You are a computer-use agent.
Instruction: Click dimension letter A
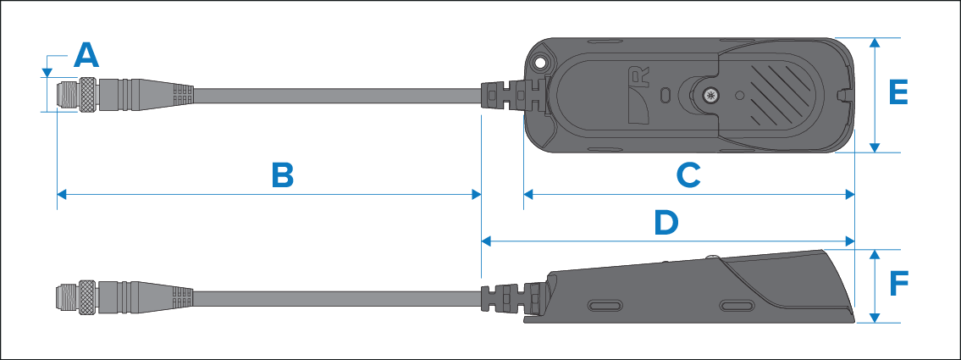86,56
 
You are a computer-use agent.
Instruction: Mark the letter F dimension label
899,284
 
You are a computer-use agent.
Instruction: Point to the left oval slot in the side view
606,303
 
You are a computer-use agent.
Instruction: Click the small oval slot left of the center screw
666,92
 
